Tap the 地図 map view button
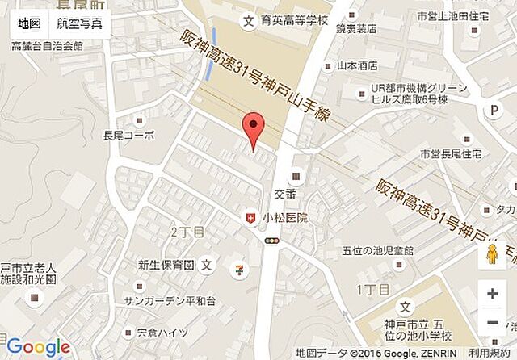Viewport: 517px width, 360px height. [x=29, y=23]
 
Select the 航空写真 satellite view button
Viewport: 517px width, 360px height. [x=79, y=23]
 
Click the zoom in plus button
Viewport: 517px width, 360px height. [x=492, y=294]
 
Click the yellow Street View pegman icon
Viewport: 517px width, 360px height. [x=492, y=255]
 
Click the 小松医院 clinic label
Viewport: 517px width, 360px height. [x=286, y=218]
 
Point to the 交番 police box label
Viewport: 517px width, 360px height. [x=286, y=194]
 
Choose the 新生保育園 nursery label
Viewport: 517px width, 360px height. [x=166, y=264]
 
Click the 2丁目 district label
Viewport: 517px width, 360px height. [x=187, y=232]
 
